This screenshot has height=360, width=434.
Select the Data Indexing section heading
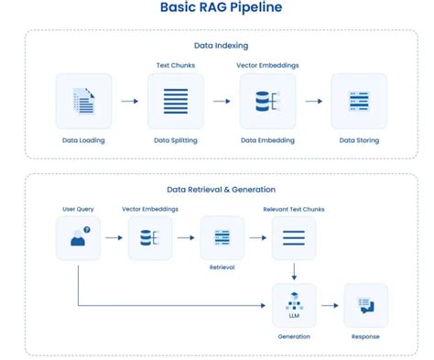click(x=221, y=45)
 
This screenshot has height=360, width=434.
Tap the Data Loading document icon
click(x=83, y=101)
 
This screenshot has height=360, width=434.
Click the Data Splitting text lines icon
click(x=175, y=101)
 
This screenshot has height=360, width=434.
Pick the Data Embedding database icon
click(x=266, y=101)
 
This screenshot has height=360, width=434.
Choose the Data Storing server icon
click(x=358, y=101)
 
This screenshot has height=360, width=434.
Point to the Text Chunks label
click(x=176, y=65)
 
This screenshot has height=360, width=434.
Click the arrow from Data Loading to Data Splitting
click(x=129, y=101)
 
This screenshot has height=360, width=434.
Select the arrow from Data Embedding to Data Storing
click(x=312, y=101)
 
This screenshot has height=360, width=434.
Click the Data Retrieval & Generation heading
click(x=221, y=190)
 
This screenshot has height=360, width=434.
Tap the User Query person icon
click(x=79, y=237)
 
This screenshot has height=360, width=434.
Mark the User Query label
click(x=79, y=209)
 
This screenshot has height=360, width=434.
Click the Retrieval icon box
click(x=222, y=237)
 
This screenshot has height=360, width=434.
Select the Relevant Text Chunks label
click(x=293, y=209)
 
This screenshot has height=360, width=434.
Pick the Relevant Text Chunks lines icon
click(x=293, y=237)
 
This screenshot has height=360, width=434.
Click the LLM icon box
click(x=293, y=305)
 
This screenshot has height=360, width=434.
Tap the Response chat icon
click(x=364, y=305)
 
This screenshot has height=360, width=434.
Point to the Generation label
click(x=293, y=336)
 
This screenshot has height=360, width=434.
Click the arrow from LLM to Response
click(x=330, y=305)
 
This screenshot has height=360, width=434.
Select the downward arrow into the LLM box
click(x=293, y=272)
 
